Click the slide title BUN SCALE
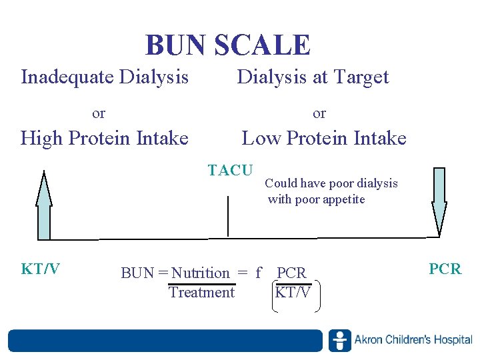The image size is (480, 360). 228,45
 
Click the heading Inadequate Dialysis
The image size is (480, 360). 105,77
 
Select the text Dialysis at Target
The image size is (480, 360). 313,77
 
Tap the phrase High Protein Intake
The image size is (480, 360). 105,138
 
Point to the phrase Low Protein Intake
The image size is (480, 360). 324,138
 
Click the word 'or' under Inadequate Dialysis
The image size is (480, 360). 99,113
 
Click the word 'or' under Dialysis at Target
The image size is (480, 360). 319,113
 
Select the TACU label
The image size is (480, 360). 230,171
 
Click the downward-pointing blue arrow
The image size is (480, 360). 439,200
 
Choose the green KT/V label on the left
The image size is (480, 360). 41,269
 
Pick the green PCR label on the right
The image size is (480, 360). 445,269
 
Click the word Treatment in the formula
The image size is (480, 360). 201,293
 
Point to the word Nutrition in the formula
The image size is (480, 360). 201,273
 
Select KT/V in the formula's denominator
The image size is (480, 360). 293,293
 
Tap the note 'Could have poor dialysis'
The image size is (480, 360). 331,183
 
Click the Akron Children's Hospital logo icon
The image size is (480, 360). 340,340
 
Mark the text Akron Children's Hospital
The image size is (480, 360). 413,340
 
